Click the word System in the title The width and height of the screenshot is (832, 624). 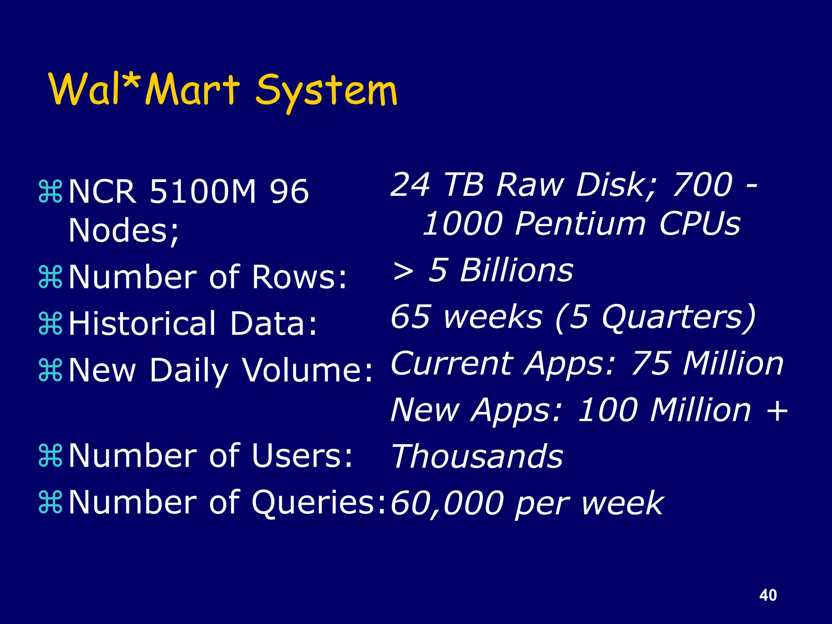click(326, 91)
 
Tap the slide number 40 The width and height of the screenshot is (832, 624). click(768, 595)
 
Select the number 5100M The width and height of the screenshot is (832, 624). click(203, 191)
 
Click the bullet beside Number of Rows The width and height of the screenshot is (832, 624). click(50, 277)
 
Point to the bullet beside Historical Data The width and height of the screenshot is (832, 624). click(50, 323)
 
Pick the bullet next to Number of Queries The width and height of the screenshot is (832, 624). click(50, 502)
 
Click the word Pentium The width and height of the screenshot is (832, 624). click(580, 223)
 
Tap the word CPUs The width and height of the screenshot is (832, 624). click(700, 223)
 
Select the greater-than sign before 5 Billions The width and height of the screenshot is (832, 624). click(403, 271)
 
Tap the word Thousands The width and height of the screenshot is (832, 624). click(477, 457)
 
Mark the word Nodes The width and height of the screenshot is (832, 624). click(121, 230)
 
